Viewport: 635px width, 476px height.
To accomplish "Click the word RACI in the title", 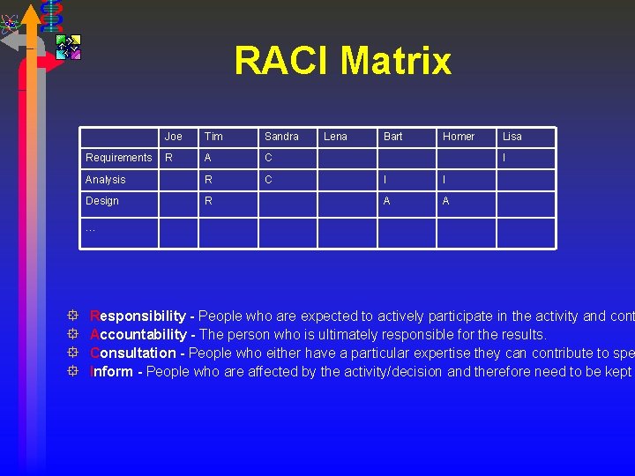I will tap(282, 62).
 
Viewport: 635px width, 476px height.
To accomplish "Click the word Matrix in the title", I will tap(396, 62).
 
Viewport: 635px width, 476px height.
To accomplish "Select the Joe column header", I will tap(173, 137).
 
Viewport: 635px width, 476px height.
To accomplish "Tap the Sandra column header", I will tap(281, 137).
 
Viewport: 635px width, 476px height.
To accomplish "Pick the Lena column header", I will tap(335, 137).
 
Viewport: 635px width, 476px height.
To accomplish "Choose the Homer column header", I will tap(458, 137).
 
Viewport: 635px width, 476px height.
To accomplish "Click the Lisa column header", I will tap(512, 137).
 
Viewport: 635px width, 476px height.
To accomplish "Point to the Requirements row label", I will tap(118, 158).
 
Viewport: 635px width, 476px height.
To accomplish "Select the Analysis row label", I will tap(105, 180).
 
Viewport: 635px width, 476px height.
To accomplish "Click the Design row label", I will tap(101, 201).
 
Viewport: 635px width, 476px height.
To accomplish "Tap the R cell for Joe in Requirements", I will tap(168, 158).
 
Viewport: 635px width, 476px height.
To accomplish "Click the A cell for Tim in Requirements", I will tap(208, 158).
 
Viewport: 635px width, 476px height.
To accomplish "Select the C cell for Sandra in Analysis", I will tap(268, 180).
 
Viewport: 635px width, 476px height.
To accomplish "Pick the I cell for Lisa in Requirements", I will tap(504, 158).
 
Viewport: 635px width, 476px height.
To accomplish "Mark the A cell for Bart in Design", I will tap(386, 201).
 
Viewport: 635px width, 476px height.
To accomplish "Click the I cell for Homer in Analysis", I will tap(444, 180).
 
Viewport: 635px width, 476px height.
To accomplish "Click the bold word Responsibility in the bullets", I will tap(138, 316).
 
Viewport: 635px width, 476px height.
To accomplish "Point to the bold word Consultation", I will tap(133, 353).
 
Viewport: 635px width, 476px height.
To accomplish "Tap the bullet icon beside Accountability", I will tap(73, 334).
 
